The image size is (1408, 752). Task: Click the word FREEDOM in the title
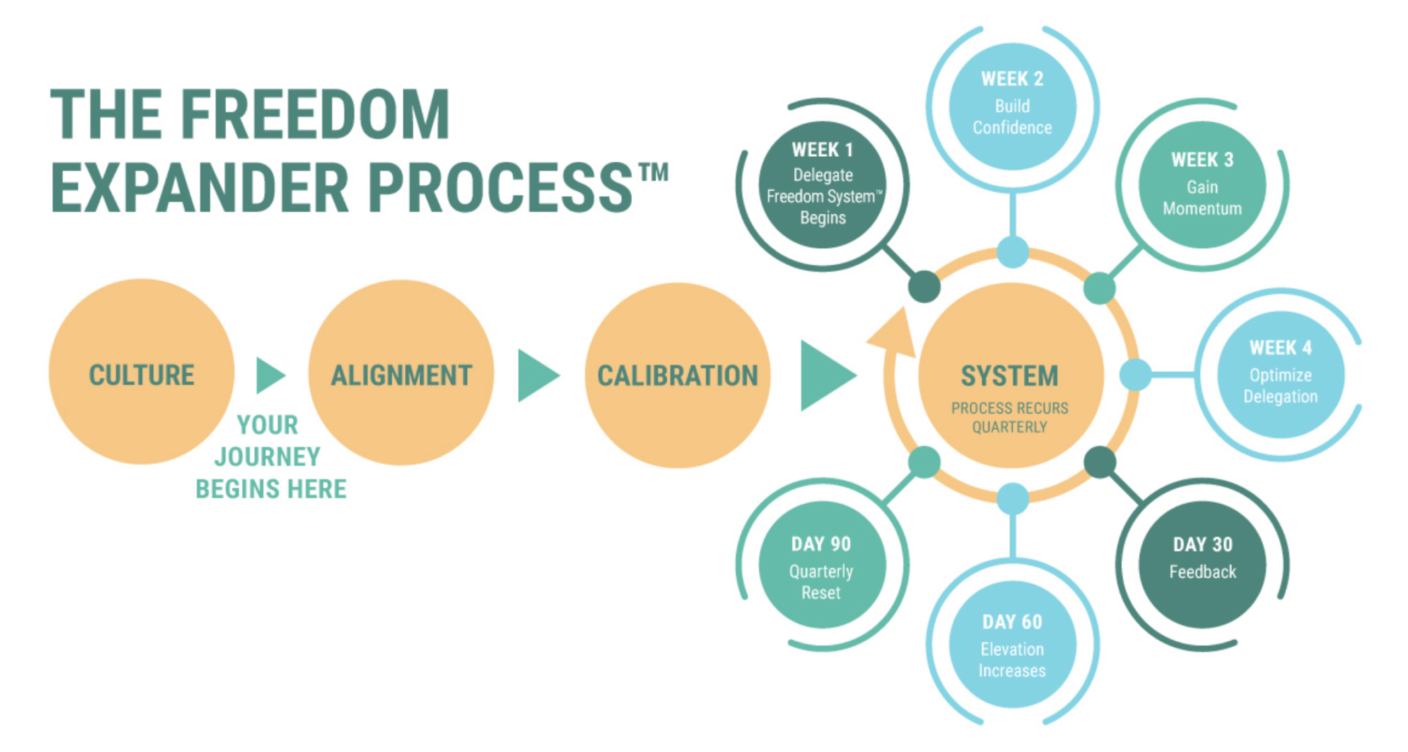[x=315, y=114]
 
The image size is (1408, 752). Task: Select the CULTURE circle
[x=141, y=372]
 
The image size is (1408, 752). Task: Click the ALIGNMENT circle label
[x=402, y=375]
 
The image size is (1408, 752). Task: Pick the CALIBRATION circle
[x=678, y=375]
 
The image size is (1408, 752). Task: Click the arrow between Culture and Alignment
[x=271, y=375]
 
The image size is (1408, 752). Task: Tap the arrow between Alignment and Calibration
[x=539, y=375]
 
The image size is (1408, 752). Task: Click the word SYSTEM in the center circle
[x=1010, y=376]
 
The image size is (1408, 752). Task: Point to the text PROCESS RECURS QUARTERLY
[x=1010, y=418]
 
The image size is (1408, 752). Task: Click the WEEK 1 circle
[x=822, y=185]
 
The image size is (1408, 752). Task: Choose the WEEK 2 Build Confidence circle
[x=1012, y=106]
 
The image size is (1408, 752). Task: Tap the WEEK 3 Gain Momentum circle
[x=1203, y=185]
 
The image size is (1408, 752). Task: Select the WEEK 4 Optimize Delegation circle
[x=1281, y=374]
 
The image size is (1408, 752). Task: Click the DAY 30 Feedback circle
[x=1203, y=565]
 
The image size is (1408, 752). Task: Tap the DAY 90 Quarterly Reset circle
[x=822, y=565]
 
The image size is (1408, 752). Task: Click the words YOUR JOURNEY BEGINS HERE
[x=271, y=457]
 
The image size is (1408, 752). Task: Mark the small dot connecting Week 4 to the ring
[x=1135, y=375]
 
